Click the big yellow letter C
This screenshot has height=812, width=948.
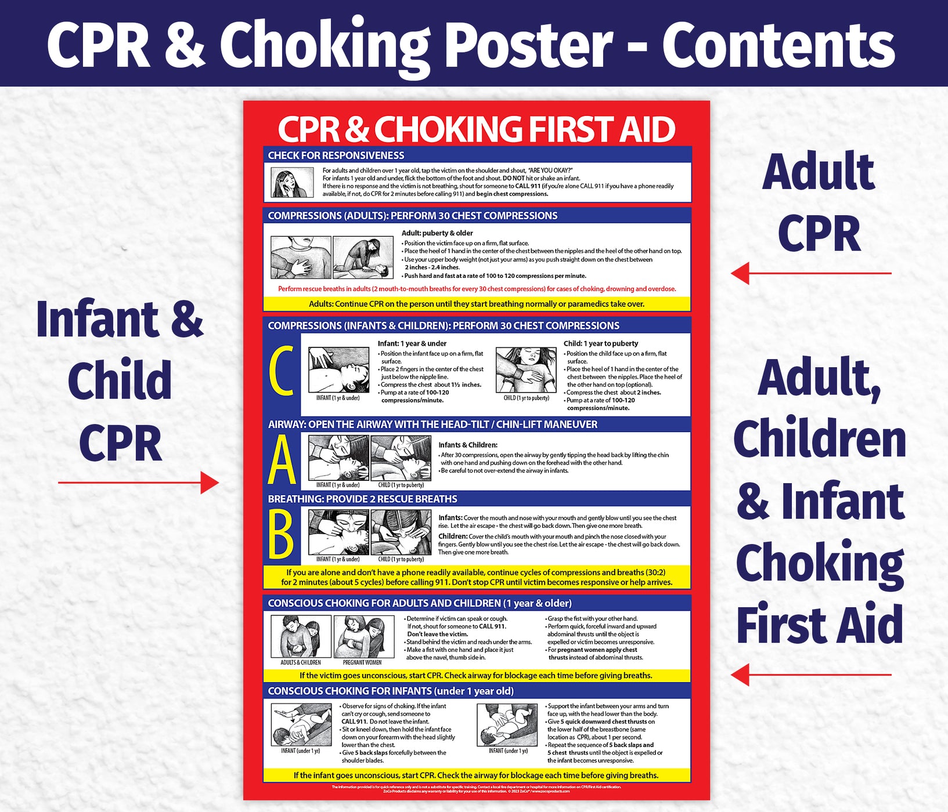pos(282,372)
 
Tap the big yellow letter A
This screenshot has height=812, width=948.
pos(282,461)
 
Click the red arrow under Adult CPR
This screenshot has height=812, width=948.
pos(810,273)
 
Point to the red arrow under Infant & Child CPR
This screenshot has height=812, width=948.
pos(138,482)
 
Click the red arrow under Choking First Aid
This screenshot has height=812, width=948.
pos(810,675)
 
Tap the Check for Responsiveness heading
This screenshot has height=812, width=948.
pos(336,155)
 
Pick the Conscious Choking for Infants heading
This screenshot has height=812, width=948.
pos(390,691)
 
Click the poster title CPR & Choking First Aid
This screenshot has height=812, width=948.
pos(476,129)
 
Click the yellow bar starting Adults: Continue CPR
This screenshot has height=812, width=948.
pos(476,304)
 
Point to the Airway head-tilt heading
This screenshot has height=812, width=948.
pos(432,425)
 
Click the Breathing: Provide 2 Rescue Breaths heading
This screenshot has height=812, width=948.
pos(362,499)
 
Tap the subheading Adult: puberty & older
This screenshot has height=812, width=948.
pos(437,233)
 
